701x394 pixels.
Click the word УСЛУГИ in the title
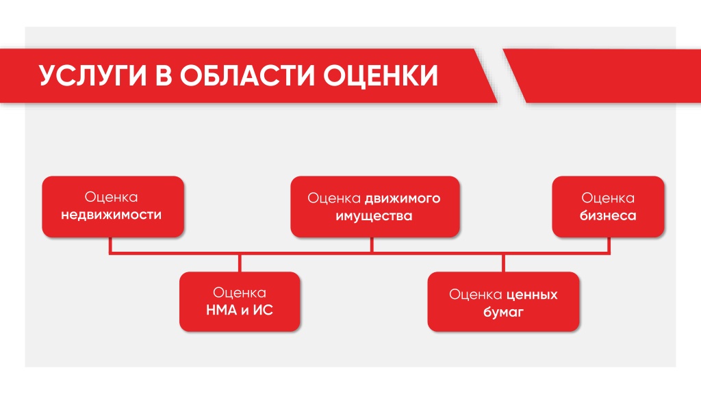pyautogui.click(x=93, y=75)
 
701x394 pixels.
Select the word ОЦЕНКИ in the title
pyautogui.click(x=381, y=75)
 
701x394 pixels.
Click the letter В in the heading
pyautogui.click(x=164, y=75)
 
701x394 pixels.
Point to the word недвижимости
pyautogui.click(x=112, y=215)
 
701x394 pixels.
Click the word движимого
pyautogui.click(x=403, y=199)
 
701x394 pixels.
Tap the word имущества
pyautogui.click(x=374, y=216)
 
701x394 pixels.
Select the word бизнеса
pyautogui.click(x=608, y=215)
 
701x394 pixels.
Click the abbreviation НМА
pyautogui.click(x=221, y=310)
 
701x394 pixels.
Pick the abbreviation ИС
pyautogui.click(x=263, y=310)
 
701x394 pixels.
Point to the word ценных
pyautogui.click(x=532, y=295)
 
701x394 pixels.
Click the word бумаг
pyautogui.click(x=503, y=312)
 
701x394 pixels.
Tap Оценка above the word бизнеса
pyautogui.click(x=608, y=198)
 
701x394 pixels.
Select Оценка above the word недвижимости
pyautogui.click(x=112, y=197)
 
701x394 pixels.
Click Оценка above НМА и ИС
pyautogui.click(x=240, y=293)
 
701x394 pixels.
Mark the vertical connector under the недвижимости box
pyautogui.click(x=110, y=246)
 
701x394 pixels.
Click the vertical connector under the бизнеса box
pyautogui.click(x=609, y=246)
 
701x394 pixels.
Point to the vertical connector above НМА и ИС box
pyautogui.click(x=240, y=263)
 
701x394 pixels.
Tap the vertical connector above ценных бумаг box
pyautogui.click(x=503, y=263)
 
